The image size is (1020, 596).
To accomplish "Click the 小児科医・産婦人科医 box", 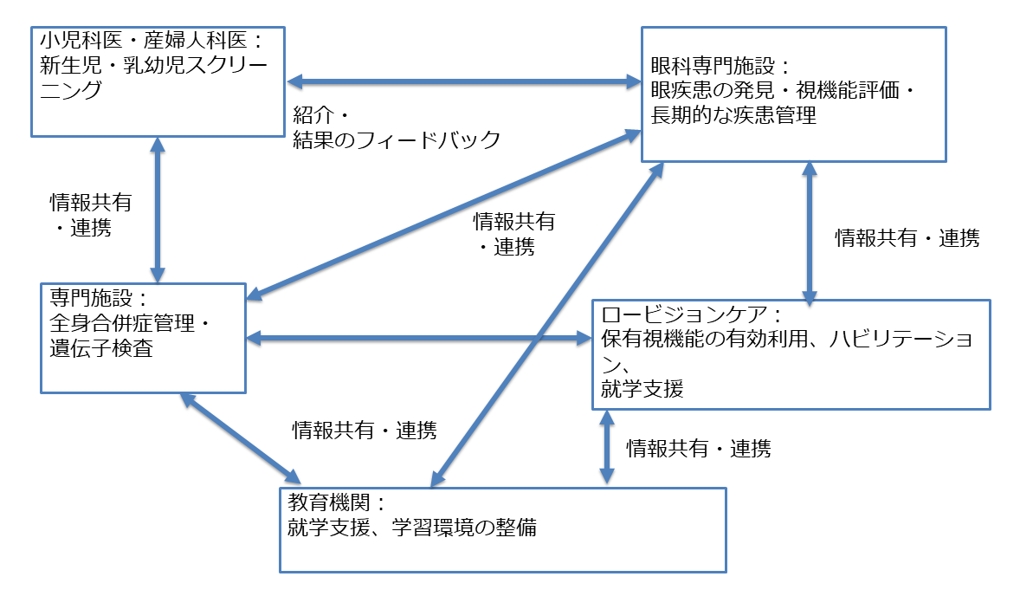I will tap(158, 81).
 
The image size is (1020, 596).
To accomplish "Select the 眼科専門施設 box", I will tap(792, 94).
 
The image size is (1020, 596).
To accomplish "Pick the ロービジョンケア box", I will tap(790, 353).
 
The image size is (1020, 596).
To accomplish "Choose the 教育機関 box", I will tap(502, 528).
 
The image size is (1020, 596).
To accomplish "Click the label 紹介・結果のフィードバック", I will tap(397, 128).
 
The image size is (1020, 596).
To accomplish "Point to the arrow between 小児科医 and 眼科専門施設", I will tap(463, 82).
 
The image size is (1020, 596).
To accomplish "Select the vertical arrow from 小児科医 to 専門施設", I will tap(158, 209).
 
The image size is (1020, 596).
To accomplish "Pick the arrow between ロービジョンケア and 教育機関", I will tap(607, 446).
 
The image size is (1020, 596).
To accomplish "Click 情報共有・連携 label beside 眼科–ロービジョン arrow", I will tap(907, 239).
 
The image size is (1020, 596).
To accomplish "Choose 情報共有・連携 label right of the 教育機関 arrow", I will tap(698, 448).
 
